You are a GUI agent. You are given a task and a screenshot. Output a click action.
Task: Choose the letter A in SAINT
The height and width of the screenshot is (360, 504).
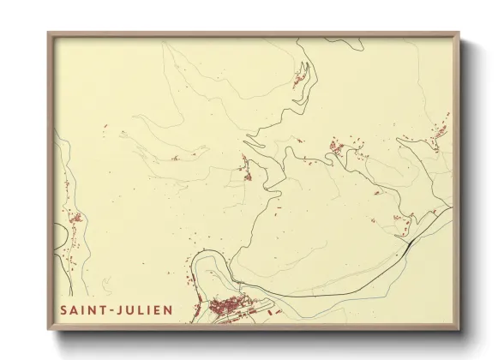pos(75,309)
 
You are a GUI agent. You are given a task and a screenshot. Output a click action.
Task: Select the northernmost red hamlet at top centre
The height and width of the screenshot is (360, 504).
pos(300,77)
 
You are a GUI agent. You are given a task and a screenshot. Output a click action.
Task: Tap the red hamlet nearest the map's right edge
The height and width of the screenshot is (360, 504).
pos(441,133)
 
